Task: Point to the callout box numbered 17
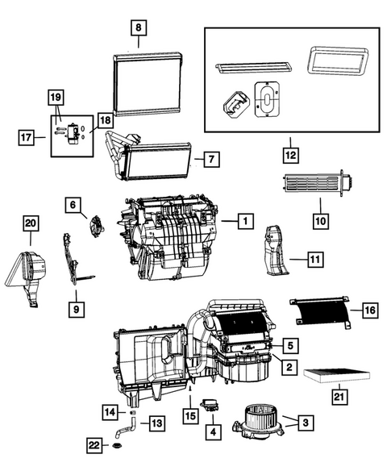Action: coord(27,138)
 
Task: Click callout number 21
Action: coord(339,395)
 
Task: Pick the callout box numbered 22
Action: coord(95,444)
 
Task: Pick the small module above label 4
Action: coord(211,405)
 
